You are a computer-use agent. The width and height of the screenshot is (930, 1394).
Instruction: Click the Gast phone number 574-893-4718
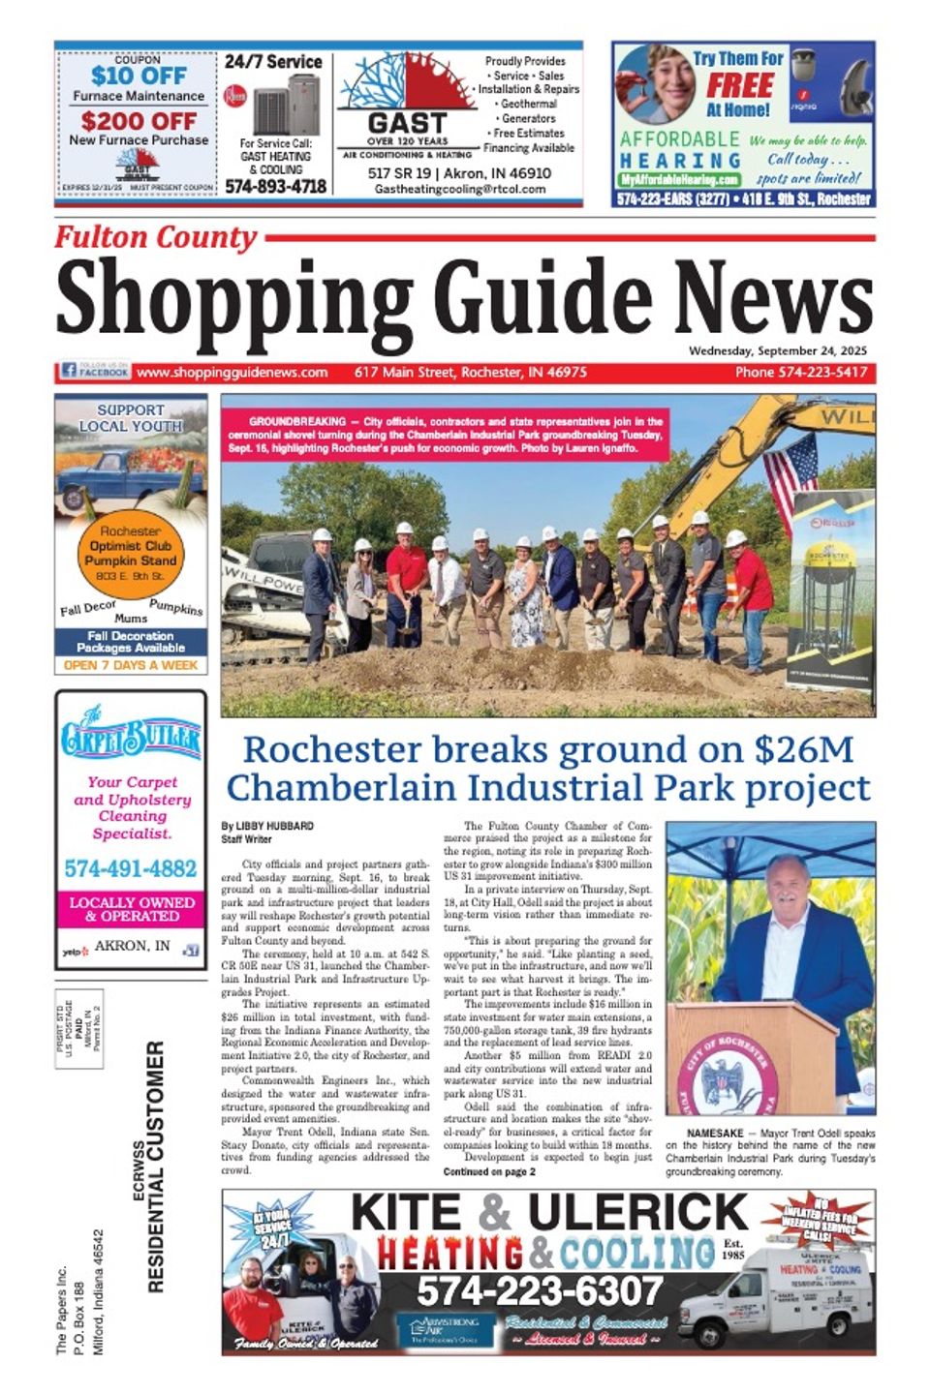point(276,187)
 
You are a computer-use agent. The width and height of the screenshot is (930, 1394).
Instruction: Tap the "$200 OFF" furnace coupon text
point(139,121)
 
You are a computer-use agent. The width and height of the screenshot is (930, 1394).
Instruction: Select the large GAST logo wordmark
point(407,124)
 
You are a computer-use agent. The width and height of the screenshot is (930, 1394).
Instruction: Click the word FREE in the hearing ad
point(738,85)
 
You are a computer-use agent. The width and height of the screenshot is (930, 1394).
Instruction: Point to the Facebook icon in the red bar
point(69,371)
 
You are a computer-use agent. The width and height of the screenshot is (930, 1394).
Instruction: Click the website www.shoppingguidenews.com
point(232,372)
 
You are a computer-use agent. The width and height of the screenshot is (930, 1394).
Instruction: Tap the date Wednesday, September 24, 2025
point(778,350)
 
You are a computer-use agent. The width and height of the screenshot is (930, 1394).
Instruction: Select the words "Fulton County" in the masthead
point(155,237)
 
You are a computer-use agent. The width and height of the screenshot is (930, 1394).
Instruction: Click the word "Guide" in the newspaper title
point(543,296)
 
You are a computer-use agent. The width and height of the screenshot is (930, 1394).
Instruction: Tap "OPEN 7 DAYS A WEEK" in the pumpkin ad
point(131,666)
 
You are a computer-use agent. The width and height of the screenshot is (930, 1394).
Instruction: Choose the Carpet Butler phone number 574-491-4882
point(131,868)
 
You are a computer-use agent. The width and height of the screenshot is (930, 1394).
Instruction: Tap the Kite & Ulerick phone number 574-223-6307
point(540,1289)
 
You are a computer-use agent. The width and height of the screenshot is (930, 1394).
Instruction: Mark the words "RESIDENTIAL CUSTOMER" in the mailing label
point(156,1166)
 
